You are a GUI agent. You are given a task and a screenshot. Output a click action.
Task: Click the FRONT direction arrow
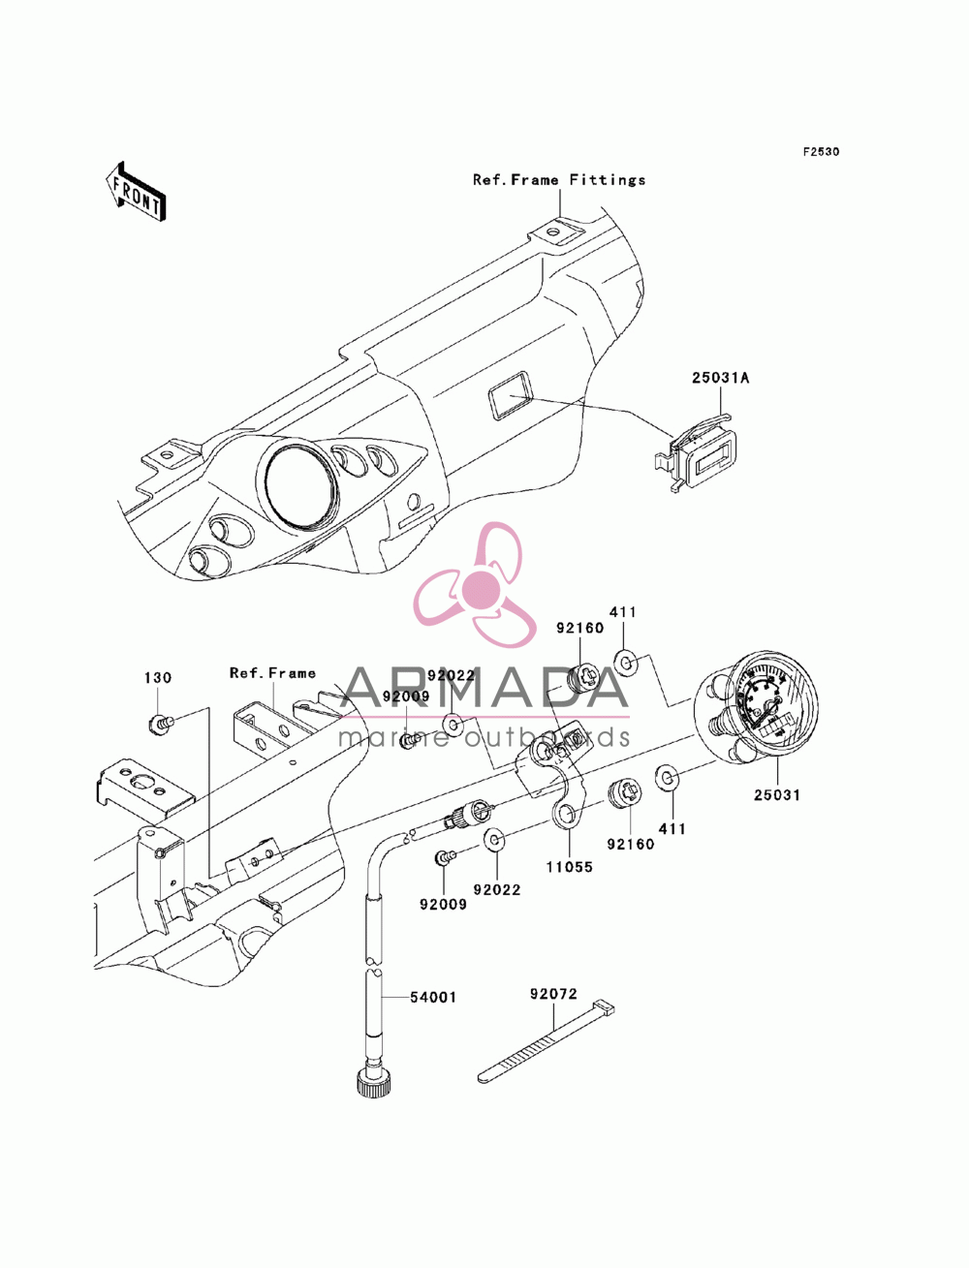[136, 191]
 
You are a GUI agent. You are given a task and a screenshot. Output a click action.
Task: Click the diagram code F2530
[821, 152]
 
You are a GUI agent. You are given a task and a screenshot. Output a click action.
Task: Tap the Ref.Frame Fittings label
[559, 180]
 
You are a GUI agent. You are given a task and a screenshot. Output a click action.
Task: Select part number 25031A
[720, 378]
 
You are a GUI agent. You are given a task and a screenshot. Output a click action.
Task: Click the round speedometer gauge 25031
[757, 708]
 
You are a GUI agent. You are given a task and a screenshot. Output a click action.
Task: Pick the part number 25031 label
[776, 795]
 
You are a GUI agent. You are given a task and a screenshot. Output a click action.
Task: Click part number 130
[158, 678]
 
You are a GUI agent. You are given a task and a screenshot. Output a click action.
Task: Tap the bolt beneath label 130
[160, 722]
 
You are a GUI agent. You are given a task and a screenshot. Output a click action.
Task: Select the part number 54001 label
[433, 998]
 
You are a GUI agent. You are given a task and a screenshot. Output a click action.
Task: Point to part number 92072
[553, 994]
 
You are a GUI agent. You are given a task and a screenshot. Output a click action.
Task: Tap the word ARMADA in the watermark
[484, 688]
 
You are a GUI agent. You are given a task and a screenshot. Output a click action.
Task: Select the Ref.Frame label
[272, 673]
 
